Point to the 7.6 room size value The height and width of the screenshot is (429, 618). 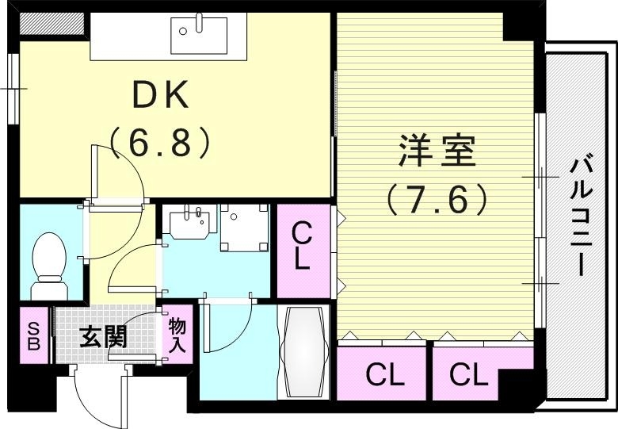436,198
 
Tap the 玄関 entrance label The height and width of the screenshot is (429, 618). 103,338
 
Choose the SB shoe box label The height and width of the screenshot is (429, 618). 34,335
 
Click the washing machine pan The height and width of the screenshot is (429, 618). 243,228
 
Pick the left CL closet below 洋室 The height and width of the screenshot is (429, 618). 384,373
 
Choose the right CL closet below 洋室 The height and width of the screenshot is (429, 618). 469,373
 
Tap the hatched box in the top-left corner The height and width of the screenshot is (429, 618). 51,25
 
